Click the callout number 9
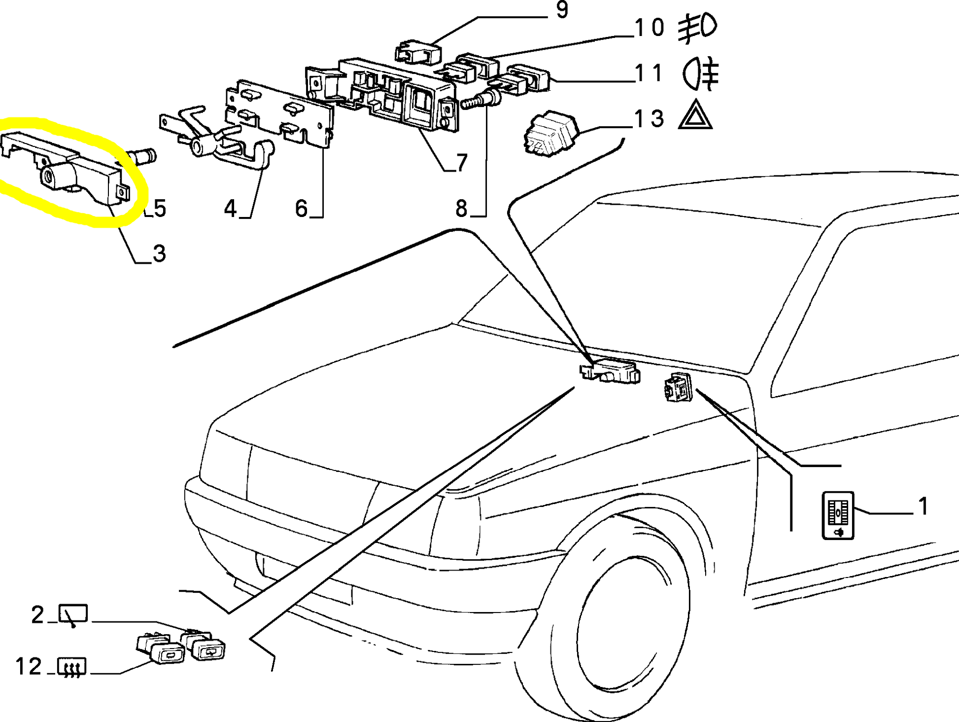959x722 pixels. click(562, 10)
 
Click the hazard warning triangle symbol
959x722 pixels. click(695, 116)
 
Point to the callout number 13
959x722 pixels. click(649, 119)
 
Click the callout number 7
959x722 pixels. click(461, 162)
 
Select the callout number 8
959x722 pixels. click(461, 209)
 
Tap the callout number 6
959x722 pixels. click(301, 209)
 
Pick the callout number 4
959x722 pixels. click(230, 209)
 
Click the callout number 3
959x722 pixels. click(159, 253)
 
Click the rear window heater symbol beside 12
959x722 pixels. click(72, 666)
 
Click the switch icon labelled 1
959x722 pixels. click(838, 515)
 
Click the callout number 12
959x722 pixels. click(29, 667)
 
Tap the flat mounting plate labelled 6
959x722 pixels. click(278, 116)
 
